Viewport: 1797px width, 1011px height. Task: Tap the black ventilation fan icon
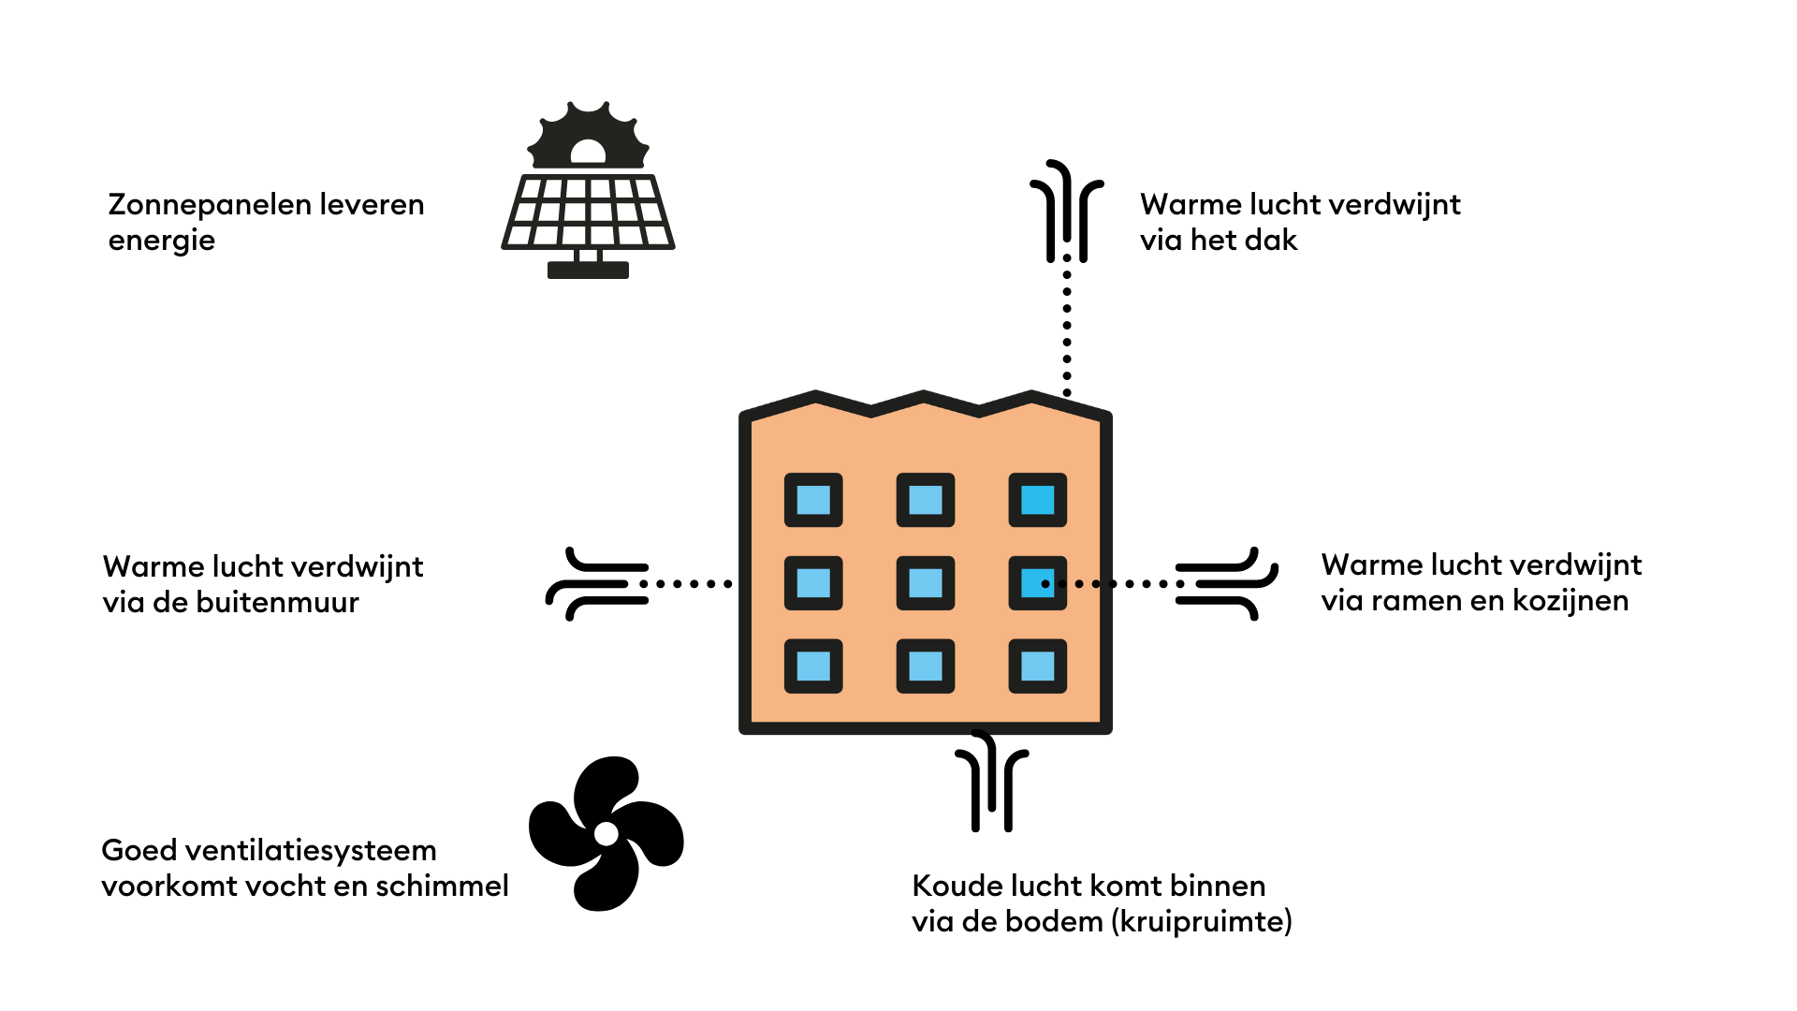[606, 833]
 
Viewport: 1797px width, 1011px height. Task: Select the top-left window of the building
[813, 500]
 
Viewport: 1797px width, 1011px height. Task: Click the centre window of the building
[926, 583]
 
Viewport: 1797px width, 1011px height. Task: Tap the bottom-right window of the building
[1037, 667]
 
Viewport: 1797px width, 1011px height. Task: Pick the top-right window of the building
[1037, 500]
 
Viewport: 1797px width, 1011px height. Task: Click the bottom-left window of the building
[813, 667]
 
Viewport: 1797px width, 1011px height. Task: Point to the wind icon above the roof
[1067, 211]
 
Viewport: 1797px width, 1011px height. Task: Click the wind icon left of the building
[597, 584]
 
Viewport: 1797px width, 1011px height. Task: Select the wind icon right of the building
[1226, 584]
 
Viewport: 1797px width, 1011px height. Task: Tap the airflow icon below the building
[992, 782]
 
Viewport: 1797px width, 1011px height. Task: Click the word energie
[162, 241]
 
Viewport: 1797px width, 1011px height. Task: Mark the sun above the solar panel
[588, 137]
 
